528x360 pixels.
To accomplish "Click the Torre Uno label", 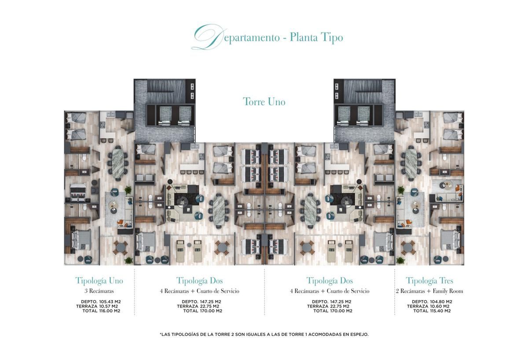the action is click(264, 102).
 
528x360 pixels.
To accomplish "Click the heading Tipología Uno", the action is click(99, 280).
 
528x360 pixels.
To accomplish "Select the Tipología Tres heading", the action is click(429, 280).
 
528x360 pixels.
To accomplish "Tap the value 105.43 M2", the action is click(110, 301).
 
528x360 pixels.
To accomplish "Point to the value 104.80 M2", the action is click(441, 301).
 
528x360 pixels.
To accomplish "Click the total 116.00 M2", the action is click(110, 311).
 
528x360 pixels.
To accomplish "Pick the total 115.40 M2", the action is click(440, 311).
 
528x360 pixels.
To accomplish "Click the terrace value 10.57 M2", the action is click(108, 306).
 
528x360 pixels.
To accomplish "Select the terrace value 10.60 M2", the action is click(440, 306).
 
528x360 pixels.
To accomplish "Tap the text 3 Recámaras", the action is click(99, 291).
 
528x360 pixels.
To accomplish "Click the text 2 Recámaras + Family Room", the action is click(429, 291).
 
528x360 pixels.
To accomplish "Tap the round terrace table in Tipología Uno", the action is click(121, 247).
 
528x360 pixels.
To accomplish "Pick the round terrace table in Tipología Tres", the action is click(407, 247).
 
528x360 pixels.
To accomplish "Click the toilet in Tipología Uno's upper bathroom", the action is click(84, 158).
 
